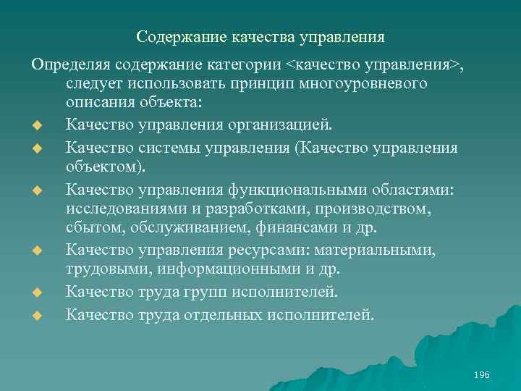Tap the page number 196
[x=481, y=374]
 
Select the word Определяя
[x=67, y=66]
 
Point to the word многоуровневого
[x=370, y=83]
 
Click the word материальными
[x=373, y=250]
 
